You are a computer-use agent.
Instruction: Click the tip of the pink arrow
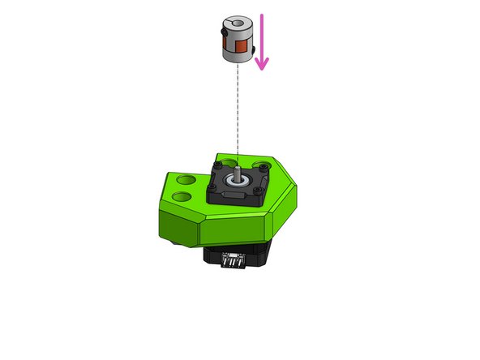point(261,70)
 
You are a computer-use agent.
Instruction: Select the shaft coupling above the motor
point(237,41)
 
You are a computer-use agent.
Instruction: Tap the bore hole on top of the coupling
point(236,23)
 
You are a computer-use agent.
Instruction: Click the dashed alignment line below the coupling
point(237,105)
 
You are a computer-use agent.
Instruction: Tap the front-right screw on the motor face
point(259,191)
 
